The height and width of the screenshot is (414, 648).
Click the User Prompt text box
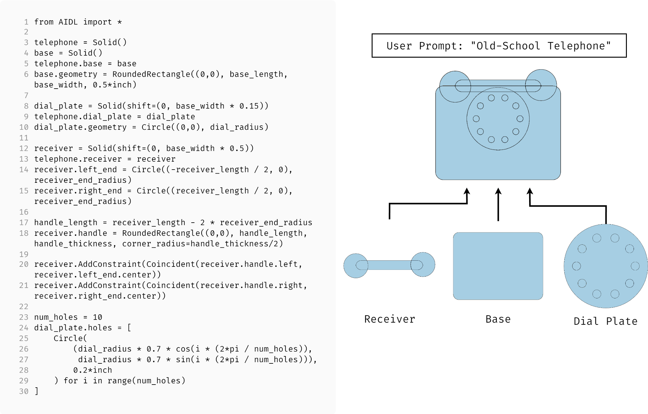click(x=499, y=46)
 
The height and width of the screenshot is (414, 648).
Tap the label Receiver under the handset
click(x=389, y=319)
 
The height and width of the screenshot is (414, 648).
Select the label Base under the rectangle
click(x=498, y=319)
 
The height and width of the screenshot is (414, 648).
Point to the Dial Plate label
click(x=605, y=321)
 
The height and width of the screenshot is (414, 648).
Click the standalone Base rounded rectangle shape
click(x=498, y=266)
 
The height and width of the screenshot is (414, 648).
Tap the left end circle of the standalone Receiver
click(x=355, y=266)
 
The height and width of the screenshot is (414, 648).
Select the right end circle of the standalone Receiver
click(x=423, y=264)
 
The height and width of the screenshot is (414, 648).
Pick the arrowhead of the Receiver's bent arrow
click(x=467, y=191)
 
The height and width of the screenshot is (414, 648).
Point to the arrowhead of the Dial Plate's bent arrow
click(x=530, y=191)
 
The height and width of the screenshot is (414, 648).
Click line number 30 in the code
click(x=24, y=391)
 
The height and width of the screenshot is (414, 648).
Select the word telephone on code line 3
click(x=56, y=42)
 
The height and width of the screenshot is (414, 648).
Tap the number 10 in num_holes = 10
click(x=97, y=317)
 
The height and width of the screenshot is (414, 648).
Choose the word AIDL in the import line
click(x=68, y=22)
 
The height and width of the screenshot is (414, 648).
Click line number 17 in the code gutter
click(x=24, y=222)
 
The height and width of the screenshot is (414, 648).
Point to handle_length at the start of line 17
click(x=66, y=222)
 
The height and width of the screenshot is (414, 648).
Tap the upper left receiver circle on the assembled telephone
click(x=455, y=86)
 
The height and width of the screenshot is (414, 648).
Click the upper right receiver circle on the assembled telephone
click(x=541, y=85)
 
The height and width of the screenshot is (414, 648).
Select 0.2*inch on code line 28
click(x=93, y=370)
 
